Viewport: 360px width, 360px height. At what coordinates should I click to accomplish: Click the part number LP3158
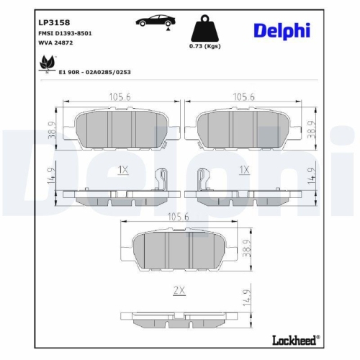coord(54,22)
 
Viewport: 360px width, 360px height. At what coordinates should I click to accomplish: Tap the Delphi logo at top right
coord(282,30)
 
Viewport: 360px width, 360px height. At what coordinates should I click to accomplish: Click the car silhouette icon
coord(153,22)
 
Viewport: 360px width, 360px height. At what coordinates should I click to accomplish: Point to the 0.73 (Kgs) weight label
coord(205,46)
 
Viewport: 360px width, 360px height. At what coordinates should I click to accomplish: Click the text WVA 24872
coord(55,43)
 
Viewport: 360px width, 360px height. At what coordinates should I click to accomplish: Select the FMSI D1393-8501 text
coord(65,34)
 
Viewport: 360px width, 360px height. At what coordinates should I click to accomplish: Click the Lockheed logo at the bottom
coord(295,339)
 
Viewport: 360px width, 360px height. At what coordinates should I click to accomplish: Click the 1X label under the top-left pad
coord(122,170)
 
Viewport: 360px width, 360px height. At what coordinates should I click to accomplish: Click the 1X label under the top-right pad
coord(244,170)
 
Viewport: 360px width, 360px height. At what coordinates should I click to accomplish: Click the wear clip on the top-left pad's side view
coord(162,181)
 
